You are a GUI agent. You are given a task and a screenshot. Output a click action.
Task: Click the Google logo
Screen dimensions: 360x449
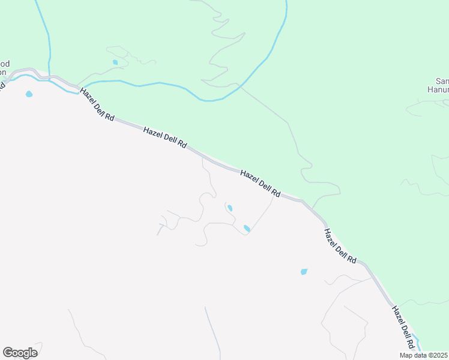(20, 352)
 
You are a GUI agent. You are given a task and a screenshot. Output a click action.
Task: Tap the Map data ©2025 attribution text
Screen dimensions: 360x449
(424, 355)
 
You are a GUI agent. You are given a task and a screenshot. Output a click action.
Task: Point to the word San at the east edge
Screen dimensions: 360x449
(442, 82)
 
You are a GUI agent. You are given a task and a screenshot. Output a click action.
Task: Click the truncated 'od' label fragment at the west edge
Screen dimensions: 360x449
(5, 64)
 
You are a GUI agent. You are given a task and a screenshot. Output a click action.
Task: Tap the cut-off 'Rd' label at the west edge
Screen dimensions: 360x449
(2, 85)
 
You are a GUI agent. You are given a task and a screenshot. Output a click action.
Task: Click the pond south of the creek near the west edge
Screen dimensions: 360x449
(28, 94)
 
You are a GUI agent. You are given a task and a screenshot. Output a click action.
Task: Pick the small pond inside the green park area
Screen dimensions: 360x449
(115, 62)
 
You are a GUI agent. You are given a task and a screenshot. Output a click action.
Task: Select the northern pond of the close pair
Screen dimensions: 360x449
(229, 208)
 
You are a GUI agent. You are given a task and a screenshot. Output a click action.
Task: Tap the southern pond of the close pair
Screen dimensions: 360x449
(247, 228)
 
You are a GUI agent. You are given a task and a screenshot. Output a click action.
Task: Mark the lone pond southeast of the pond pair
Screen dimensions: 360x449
(304, 272)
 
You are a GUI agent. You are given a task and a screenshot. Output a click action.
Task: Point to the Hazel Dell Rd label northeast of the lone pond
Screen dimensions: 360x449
(340, 246)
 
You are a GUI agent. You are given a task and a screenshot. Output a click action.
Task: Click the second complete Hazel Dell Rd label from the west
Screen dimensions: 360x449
(165, 138)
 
